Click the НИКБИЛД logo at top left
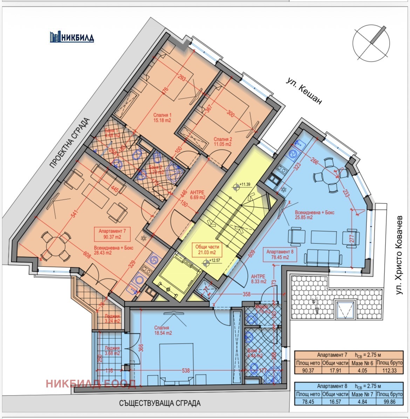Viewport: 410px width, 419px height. click(x=72, y=37)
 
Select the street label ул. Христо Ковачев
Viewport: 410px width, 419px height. click(x=400, y=255)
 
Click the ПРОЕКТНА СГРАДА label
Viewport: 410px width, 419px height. click(x=69, y=144)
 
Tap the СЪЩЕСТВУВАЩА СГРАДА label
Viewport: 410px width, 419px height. click(x=160, y=403)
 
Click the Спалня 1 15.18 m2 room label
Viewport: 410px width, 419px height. click(x=162, y=118)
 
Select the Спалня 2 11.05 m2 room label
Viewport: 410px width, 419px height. click(x=223, y=142)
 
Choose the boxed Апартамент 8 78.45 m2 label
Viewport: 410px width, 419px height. click(x=280, y=254)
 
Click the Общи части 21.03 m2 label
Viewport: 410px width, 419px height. click(x=206, y=249)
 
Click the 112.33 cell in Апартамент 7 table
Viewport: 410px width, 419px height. click(x=389, y=370)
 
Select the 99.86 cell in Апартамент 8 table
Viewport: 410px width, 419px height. click(x=389, y=401)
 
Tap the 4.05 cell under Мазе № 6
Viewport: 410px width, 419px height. click(x=362, y=370)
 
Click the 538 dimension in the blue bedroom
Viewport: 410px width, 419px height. click(x=186, y=370)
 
